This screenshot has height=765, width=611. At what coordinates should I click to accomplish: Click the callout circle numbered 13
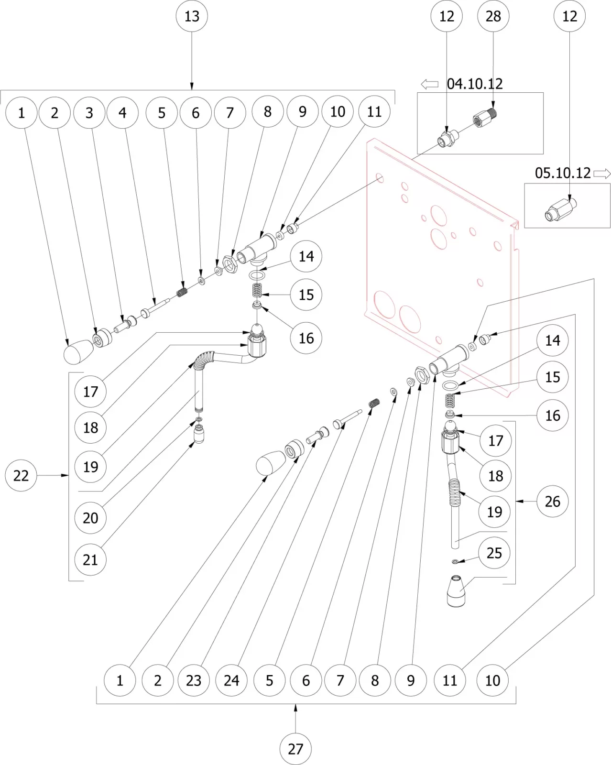point(192,16)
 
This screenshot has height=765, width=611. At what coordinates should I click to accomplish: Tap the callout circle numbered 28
point(493,16)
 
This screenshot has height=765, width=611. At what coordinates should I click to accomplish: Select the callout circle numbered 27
point(295,749)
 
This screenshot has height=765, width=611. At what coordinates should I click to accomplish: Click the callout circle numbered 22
point(21,475)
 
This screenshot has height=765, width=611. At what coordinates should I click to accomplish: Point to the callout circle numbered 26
point(552,501)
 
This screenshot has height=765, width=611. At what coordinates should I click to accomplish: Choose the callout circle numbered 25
point(494,553)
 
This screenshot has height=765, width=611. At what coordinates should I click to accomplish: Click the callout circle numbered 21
point(90,559)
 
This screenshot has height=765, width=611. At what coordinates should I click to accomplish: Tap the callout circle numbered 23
point(194,680)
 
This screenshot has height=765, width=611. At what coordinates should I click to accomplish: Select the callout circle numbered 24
point(231,680)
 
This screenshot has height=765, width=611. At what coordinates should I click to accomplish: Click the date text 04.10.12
point(475,84)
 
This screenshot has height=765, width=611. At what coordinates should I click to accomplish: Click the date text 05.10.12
point(563,173)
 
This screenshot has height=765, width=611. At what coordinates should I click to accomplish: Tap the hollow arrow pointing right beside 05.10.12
point(602,174)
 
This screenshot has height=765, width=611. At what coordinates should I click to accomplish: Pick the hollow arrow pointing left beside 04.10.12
point(429,85)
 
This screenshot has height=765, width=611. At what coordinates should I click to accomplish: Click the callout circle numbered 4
point(122,113)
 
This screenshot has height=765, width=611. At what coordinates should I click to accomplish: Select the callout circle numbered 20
point(90,517)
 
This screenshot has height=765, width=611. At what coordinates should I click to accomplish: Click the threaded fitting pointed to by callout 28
point(485,118)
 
